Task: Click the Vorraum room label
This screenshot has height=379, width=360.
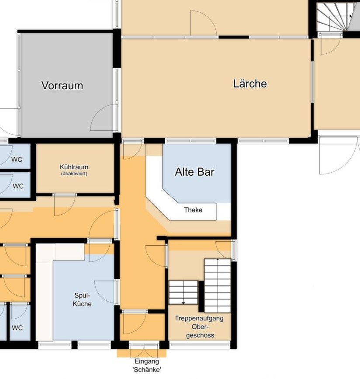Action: pyautogui.click(x=62, y=85)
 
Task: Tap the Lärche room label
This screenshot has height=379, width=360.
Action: pyautogui.click(x=250, y=83)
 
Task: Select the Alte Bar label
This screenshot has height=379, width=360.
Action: pyautogui.click(x=194, y=172)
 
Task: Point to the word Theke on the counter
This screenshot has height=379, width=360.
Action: pyautogui.click(x=193, y=210)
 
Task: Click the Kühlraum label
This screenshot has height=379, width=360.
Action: pyautogui.click(x=74, y=167)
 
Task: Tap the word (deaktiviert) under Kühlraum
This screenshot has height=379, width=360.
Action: pyautogui.click(x=74, y=174)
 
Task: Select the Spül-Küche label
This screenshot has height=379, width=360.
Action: pyautogui.click(x=82, y=299)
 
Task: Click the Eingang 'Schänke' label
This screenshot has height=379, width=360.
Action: pyautogui.click(x=147, y=365)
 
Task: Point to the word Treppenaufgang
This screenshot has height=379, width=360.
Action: pyautogui.click(x=199, y=318)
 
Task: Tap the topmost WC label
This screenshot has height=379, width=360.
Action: pyautogui.click(x=17, y=160)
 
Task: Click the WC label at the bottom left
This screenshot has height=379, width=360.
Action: pyautogui.click(x=17, y=328)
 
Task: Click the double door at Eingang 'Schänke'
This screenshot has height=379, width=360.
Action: pyautogui.click(x=144, y=351)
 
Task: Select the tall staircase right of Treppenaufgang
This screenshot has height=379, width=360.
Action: pyautogui.click(x=218, y=285)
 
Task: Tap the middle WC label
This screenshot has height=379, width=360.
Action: pyautogui.click(x=18, y=186)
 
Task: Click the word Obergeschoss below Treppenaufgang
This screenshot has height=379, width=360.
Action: pyautogui.click(x=200, y=331)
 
